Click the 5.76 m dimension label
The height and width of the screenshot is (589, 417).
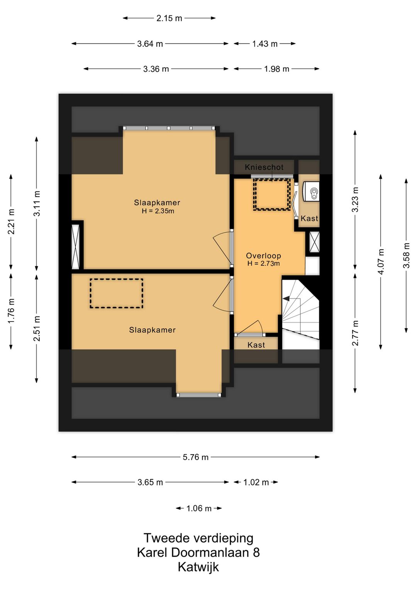[x=195, y=457]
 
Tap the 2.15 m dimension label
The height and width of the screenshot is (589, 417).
[x=169, y=18]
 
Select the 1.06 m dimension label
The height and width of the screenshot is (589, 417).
[x=199, y=508]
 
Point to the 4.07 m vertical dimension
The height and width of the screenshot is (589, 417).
[x=381, y=262]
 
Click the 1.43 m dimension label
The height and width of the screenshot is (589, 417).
[x=264, y=44]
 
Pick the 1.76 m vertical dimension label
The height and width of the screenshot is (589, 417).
[x=11, y=311]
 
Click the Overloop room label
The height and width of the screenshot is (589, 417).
[x=263, y=256]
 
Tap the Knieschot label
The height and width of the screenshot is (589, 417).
[x=264, y=167]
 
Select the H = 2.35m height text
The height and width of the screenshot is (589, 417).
[x=158, y=211]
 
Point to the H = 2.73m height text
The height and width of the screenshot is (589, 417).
[x=263, y=263]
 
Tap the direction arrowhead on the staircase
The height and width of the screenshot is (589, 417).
[x=286, y=298]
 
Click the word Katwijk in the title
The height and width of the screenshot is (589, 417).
[x=198, y=567]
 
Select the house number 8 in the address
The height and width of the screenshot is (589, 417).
[x=256, y=552]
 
